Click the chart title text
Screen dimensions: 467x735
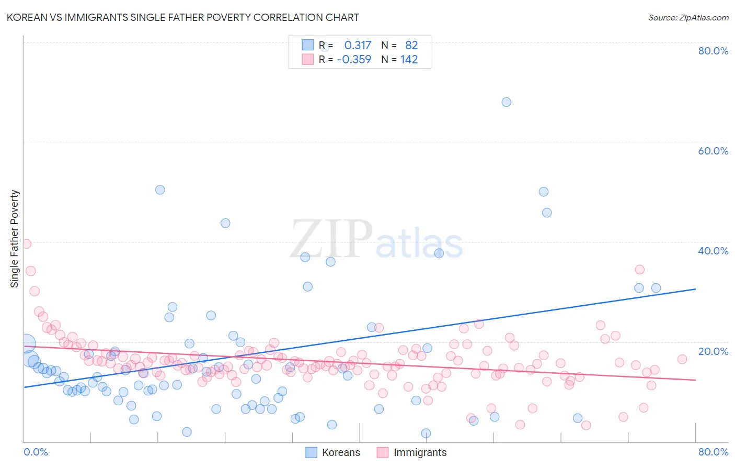pos(182,17)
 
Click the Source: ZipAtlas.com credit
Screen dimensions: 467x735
pos(688,17)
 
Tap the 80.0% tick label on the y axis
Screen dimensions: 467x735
pos(713,51)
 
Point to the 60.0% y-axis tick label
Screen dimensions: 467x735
pos(713,151)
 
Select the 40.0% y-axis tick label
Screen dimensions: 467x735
pos(713,251)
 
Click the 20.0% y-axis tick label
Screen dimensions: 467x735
pos(713,351)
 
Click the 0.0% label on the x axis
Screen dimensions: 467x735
pos(36,452)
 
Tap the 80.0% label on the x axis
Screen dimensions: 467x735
pos(713,452)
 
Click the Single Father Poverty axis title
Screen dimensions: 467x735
pos(15,239)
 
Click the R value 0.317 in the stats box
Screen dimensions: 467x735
pos(358,46)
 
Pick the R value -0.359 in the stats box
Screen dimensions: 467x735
pos(354,60)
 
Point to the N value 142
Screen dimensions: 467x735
pos(409,60)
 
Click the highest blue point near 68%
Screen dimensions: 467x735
pos(506,102)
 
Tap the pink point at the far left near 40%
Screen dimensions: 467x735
pos(26,244)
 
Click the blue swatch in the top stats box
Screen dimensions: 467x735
pos(307,45)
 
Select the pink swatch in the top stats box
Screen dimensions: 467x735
pos(307,59)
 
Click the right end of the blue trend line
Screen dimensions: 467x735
pos(695,289)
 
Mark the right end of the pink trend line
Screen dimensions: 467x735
pos(695,380)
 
